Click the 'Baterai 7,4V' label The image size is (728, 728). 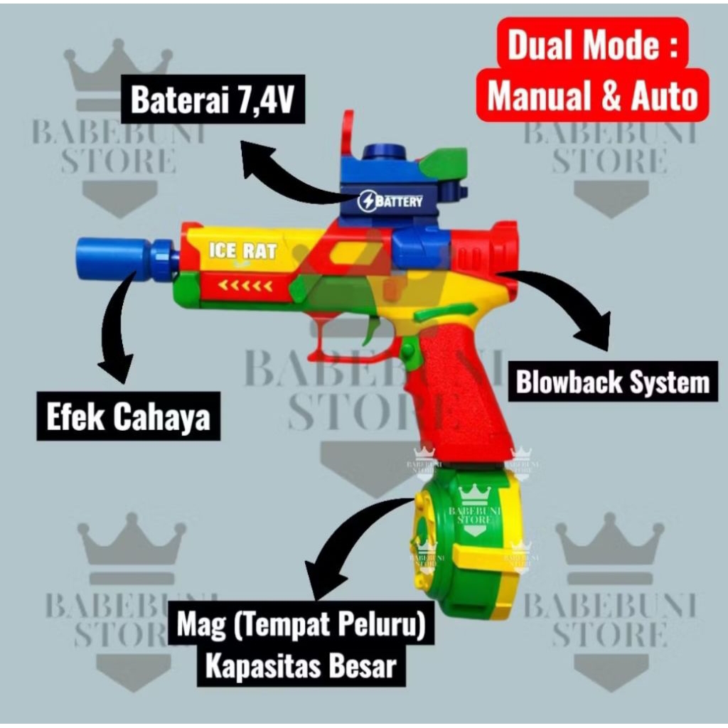tap(213, 99)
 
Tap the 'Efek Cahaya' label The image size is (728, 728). tap(128, 417)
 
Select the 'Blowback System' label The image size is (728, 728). tap(613, 382)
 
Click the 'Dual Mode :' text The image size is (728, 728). tap(592, 45)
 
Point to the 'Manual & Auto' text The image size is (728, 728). tap(592, 96)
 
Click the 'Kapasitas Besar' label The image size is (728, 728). tap(301, 665)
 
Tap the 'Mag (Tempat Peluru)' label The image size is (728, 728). tap(301, 623)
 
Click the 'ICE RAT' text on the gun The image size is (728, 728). tap(242, 251)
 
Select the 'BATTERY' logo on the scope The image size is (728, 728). tap(390, 201)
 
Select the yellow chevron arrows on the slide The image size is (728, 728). tap(245, 286)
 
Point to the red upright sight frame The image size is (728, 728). tap(347, 139)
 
